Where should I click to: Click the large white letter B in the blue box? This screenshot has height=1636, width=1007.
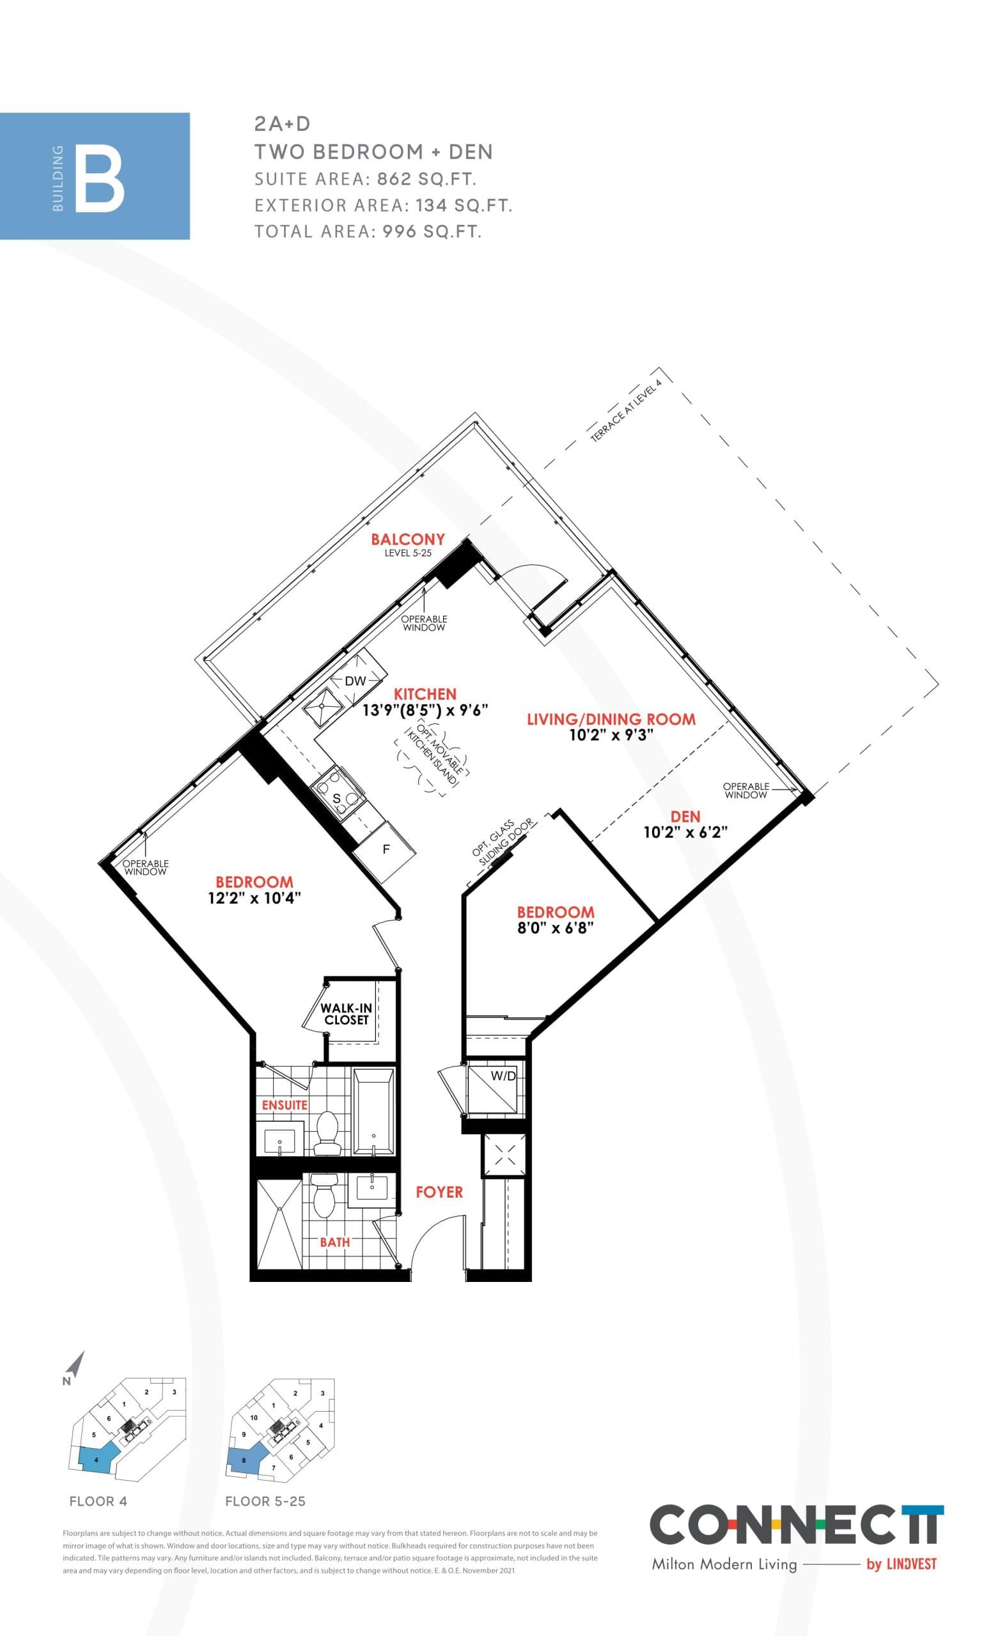[x=99, y=181]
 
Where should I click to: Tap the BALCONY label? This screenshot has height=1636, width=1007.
[x=408, y=539]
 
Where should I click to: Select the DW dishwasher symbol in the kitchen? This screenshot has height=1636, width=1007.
[x=355, y=681]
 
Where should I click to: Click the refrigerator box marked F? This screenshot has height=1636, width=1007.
[x=385, y=850]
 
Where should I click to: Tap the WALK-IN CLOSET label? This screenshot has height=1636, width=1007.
[x=347, y=1014]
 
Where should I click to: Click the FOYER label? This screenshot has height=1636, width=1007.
[x=439, y=1192]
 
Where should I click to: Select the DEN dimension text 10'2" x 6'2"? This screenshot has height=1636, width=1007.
[x=685, y=832]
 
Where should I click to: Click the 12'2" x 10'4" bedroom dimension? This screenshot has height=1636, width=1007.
[x=254, y=898]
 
